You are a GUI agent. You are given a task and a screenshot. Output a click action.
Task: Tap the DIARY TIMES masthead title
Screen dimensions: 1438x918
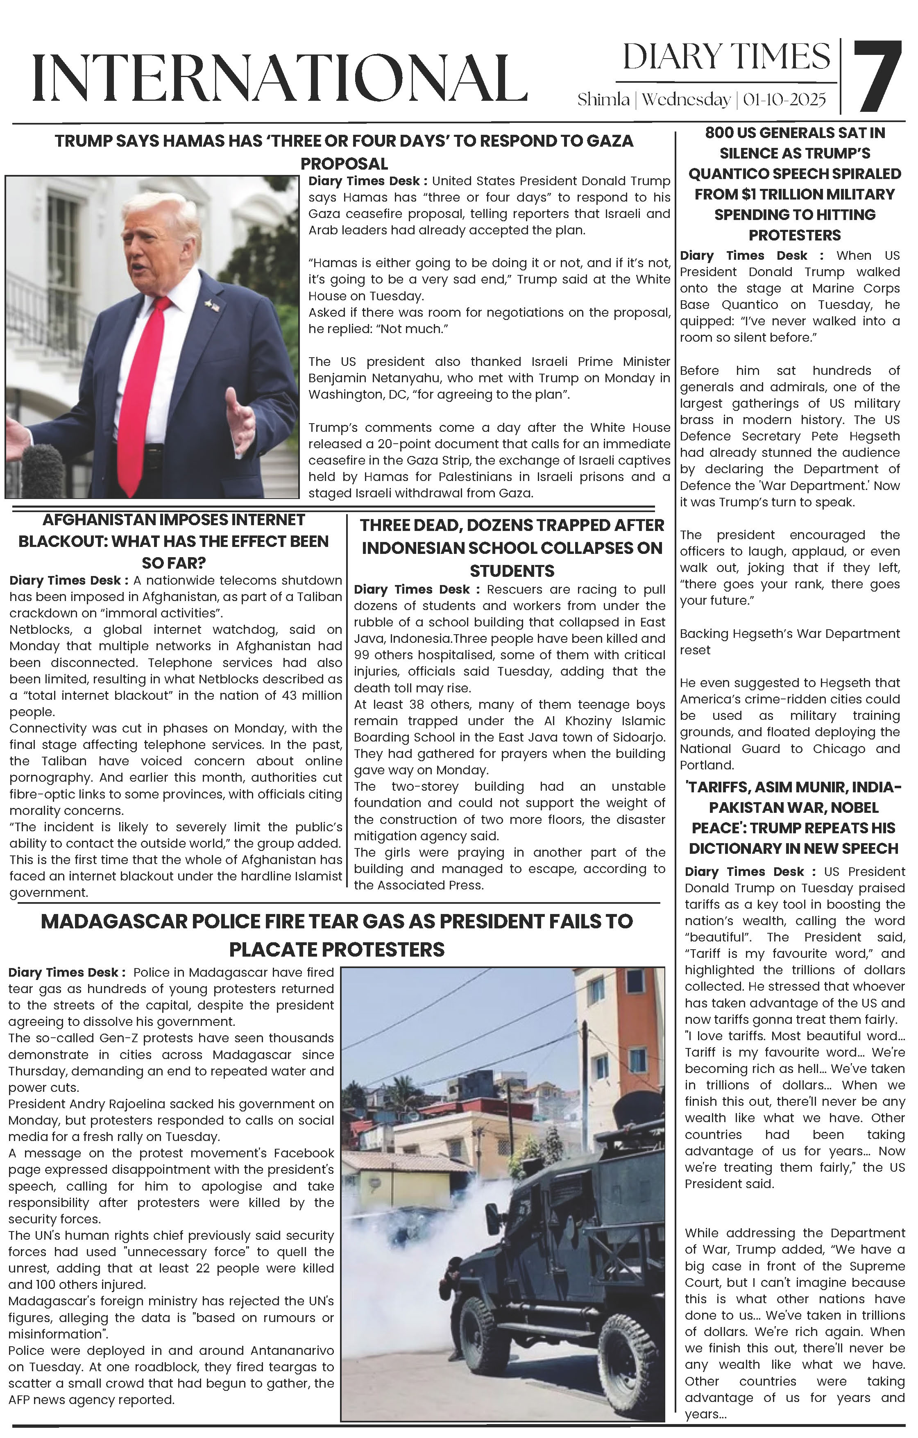(726, 57)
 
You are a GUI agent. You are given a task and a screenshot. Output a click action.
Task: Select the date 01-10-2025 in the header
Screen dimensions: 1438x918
(784, 100)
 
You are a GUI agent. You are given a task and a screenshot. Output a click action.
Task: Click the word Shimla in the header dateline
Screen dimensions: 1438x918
(603, 100)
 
